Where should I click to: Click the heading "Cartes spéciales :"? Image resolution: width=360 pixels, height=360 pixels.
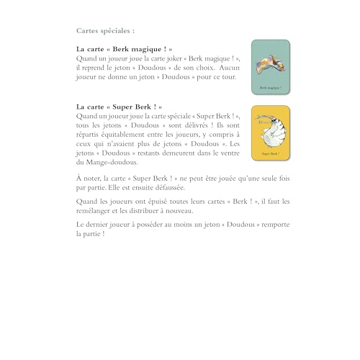point(105,31)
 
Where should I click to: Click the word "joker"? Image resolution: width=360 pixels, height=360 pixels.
point(172,58)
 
